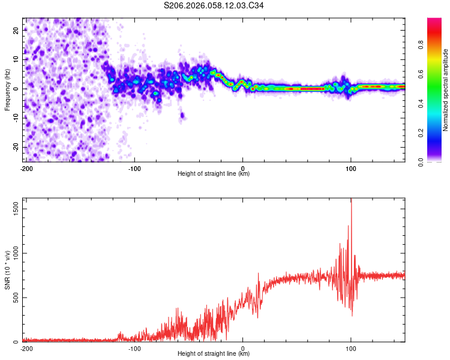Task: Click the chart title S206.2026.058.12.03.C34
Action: (x=214, y=5)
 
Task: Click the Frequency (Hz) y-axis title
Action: (x=7, y=90)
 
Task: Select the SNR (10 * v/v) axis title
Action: (x=7, y=270)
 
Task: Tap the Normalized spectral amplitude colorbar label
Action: (x=446, y=90)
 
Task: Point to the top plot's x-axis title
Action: (x=214, y=173)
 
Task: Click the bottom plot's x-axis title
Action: (x=214, y=353)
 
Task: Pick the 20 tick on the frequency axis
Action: (x=16, y=29)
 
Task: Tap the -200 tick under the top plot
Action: (x=26, y=167)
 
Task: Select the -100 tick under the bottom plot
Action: (x=134, y=347)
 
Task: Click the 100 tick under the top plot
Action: (x=351, y=167)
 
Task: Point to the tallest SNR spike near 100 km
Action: (x=352, y=202)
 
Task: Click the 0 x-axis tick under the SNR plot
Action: (x=243, y=347)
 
